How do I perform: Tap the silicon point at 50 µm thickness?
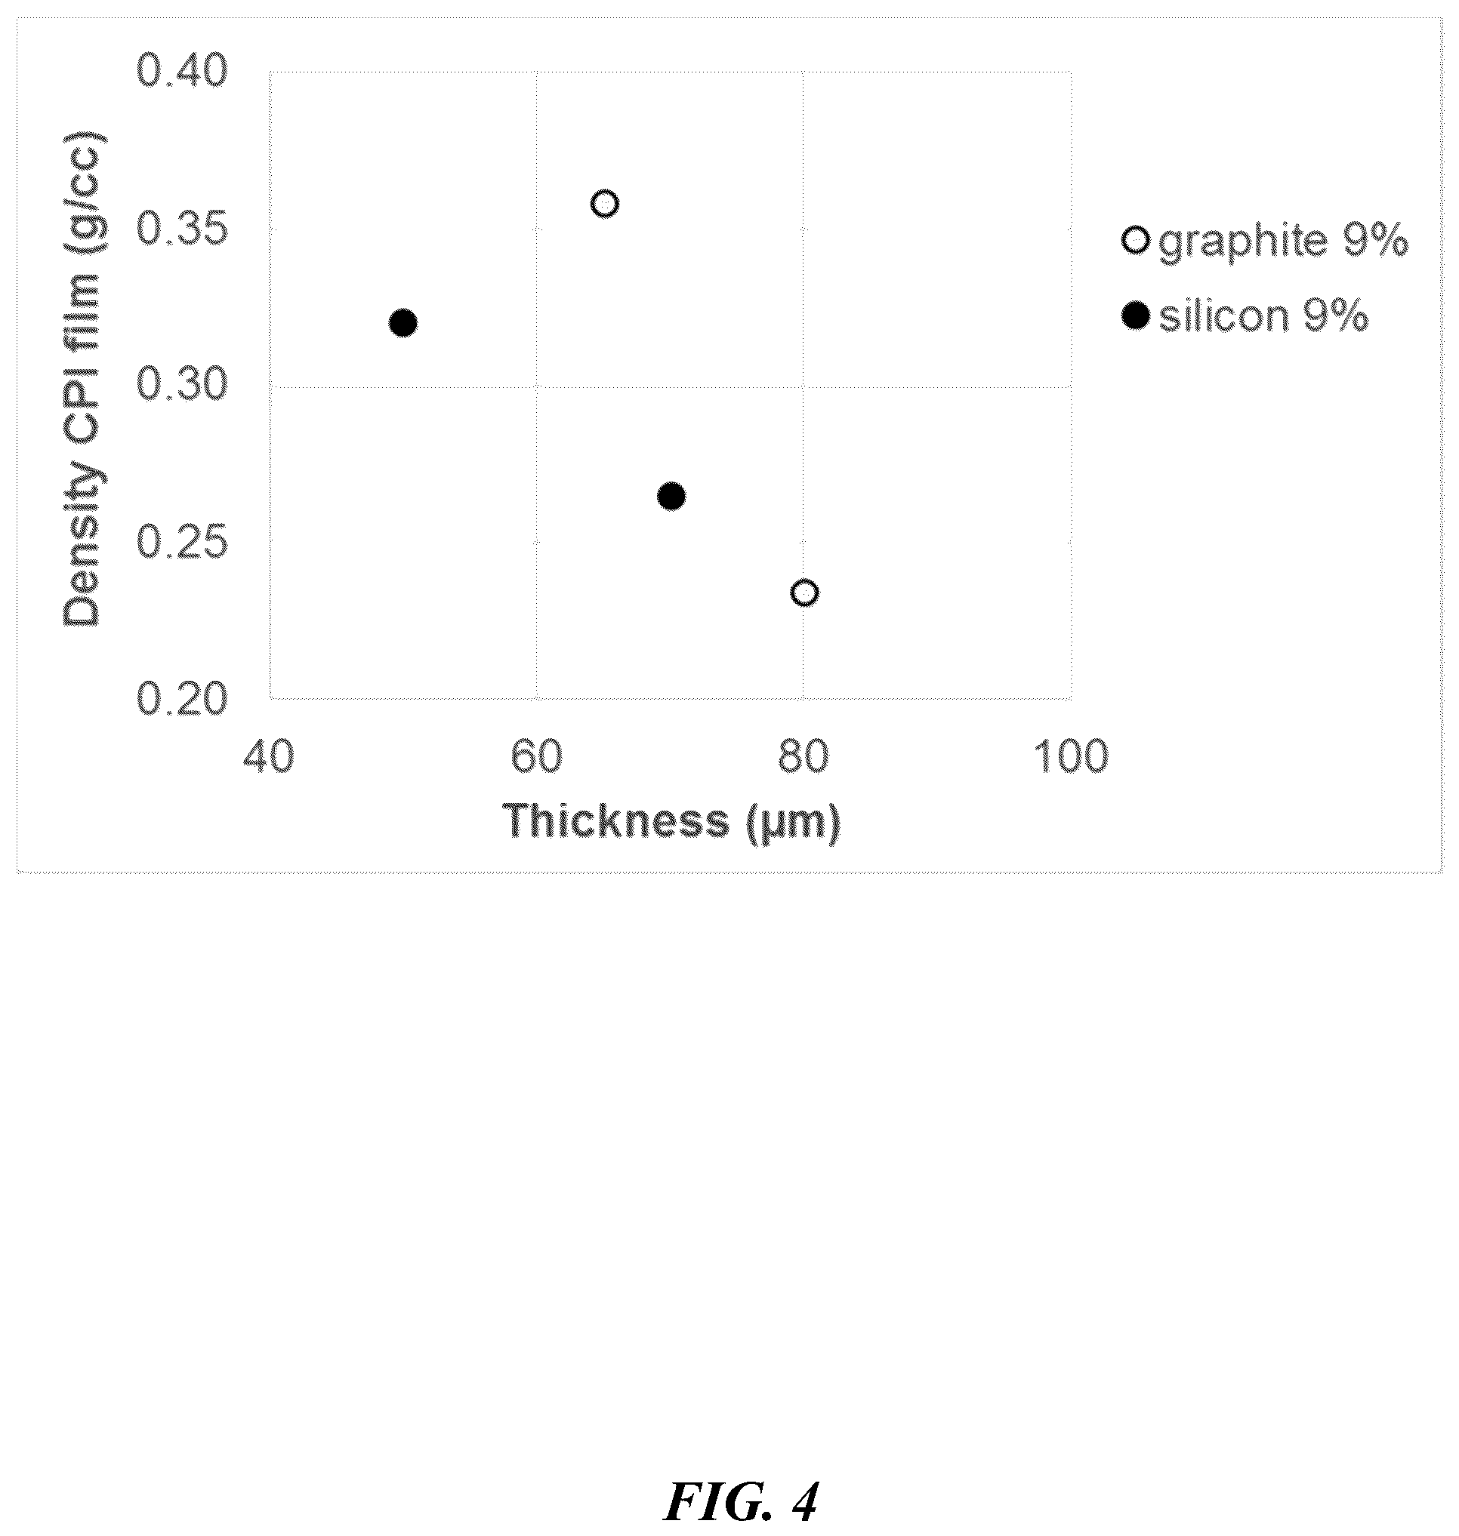tap(403, 322)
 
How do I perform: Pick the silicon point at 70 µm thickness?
tap(671, 496)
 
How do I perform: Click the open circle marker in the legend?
tap(1136, 240)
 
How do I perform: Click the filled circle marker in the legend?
tap(1136, 316)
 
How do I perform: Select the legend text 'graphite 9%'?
tap(1283, 242)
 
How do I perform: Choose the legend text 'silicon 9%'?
tap(1264, 317)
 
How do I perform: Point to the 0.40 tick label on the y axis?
tap(183, 71)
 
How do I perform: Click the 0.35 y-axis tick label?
tap(183, 229)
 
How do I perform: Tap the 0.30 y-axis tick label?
tap(183, 385)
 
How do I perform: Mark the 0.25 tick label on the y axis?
tap(183, 542)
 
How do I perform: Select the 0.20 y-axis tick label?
tap(183, 699)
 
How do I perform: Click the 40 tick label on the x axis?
tap(269, 756)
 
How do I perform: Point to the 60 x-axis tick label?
tap(537, 756)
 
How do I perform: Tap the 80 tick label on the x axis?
tap(804, 756)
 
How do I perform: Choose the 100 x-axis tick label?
tap(1071, 756)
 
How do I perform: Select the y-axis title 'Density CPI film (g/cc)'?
tap(83, 380)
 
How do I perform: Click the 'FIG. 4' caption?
tap(741, 1502)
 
